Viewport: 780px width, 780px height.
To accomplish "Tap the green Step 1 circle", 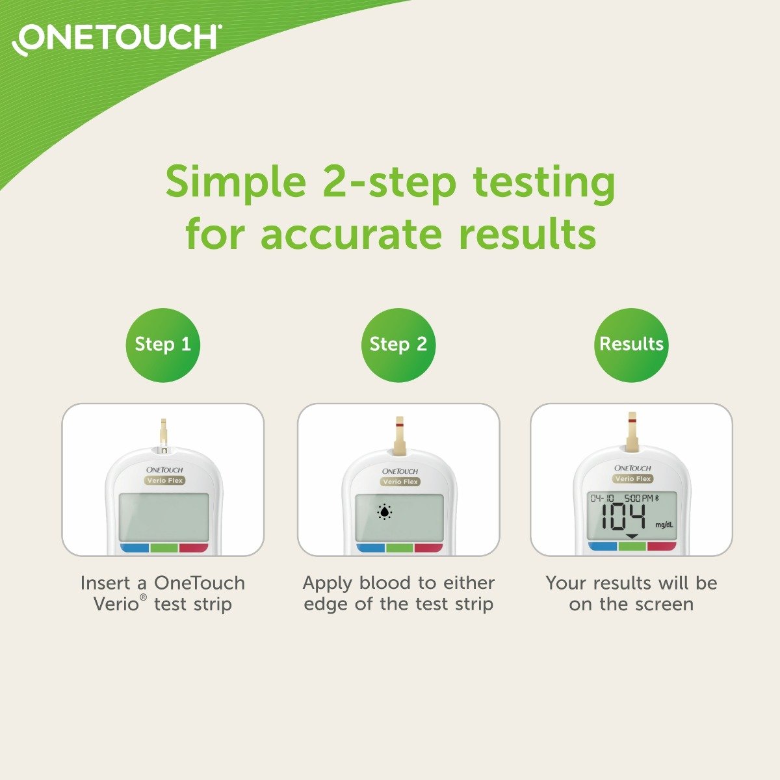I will click(x=162, y=344).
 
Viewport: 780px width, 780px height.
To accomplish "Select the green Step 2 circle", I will click(x=398, y=344).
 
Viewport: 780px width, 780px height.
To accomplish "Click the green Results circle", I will click(x=631, y=344).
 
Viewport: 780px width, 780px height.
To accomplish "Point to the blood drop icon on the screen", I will click(x=385, y=513).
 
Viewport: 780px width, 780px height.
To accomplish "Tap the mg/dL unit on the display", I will click(x=664, y=525).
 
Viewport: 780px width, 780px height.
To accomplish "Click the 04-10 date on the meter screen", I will click(x=602, y=498).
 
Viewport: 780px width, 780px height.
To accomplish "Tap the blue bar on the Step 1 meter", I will click(x=135, y=548).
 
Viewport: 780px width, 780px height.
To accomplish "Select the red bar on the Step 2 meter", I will click(x=428, y=548).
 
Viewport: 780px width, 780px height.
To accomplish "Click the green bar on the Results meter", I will click(x=632, y=547).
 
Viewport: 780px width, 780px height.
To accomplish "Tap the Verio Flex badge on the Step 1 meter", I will click(x=164, y=481).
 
